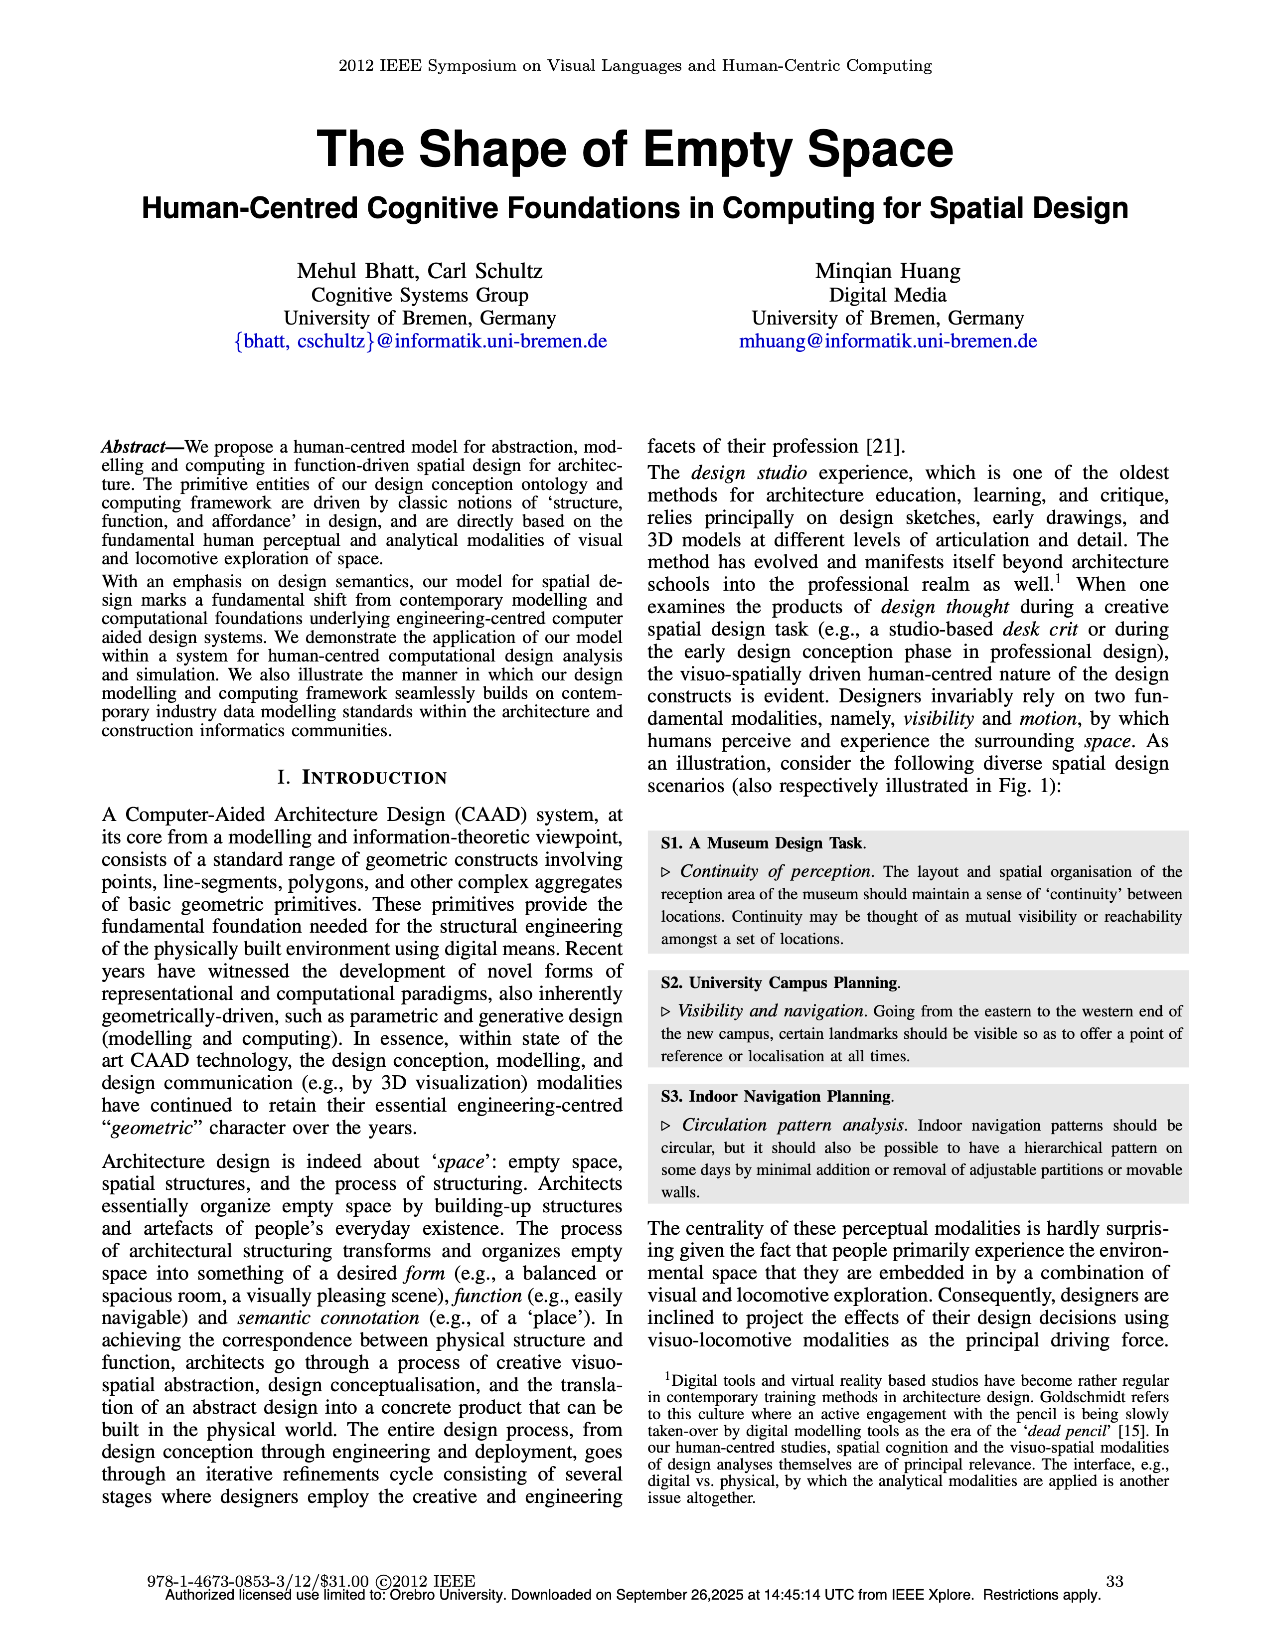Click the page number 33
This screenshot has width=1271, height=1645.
(x=1114, y=1581)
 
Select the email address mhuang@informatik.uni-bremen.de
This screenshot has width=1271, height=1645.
(x=888, y=341)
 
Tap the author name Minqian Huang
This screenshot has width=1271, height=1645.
(x=888, y=271)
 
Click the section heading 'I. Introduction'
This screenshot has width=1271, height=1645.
(x=362, y=777)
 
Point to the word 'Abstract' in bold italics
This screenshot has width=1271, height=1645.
(x=133, y=447)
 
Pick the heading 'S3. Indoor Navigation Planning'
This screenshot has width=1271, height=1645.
(x=776, y=1097)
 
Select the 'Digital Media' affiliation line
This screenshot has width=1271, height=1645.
(x=888, y=295)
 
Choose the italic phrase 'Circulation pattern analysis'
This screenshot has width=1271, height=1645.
(x=792, y=1125)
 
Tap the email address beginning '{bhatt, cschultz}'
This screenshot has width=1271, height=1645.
(x=420, y=341)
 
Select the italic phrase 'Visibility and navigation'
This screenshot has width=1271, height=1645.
(x=770, y=1011)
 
